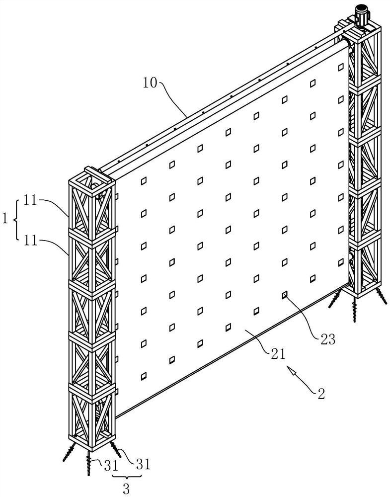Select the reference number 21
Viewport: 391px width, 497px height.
pyautogui.click(x=278, y=354)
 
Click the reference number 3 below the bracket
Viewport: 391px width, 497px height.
pyautogui.click(x=126, y=489)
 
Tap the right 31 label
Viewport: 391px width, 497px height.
pyautogui.click(x=142, y=464)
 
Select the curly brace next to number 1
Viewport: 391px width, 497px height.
pyautogui.click(x=17, y=219)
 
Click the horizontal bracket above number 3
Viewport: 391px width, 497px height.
pyautogui.click(x=126, y=476)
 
